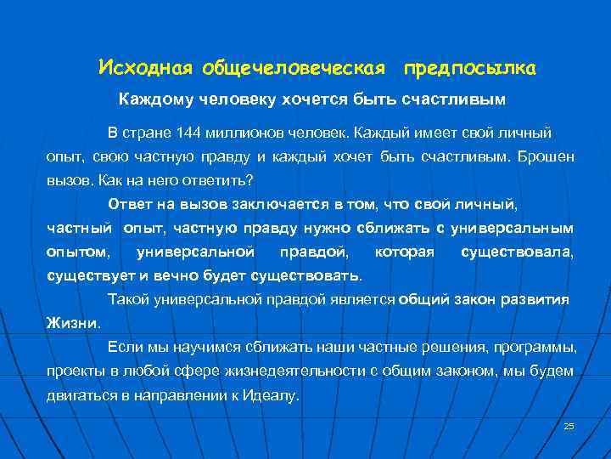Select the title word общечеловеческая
[x=290, y=67]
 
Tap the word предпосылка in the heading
[x=469, y=67]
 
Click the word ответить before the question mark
[x=226, y=181]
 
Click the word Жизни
[x=73, y=323]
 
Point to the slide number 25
[x=569, y=426]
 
